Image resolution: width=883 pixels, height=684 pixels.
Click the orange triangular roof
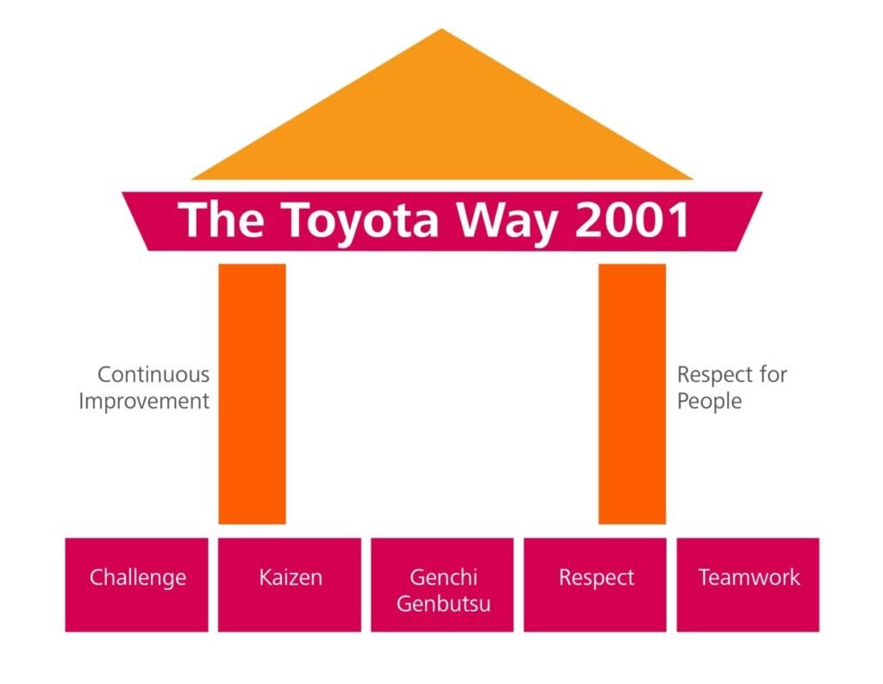click(441, 121)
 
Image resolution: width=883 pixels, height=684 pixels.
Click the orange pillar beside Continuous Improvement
click(252, 393)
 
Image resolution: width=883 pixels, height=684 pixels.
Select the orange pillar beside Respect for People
click(632, 393)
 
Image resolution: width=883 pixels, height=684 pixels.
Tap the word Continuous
click(153, 375)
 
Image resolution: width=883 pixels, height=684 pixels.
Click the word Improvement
click(144, 401)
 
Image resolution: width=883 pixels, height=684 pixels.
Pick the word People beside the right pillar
click(709, 402)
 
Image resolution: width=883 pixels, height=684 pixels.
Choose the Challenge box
click(137, 584)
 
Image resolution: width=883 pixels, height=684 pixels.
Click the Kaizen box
click(290, 584)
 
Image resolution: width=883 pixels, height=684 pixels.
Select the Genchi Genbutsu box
click(442, 584)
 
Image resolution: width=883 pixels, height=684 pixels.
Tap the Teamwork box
click(748, 584)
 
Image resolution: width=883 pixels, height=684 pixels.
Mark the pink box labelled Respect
click(596, 584)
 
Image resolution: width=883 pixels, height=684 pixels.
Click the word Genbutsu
click(443, 603)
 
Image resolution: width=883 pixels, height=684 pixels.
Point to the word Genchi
click(443, 577)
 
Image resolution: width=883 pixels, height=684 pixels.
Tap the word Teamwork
click(748, 577)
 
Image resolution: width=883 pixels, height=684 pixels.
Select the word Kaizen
click(290, 577)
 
